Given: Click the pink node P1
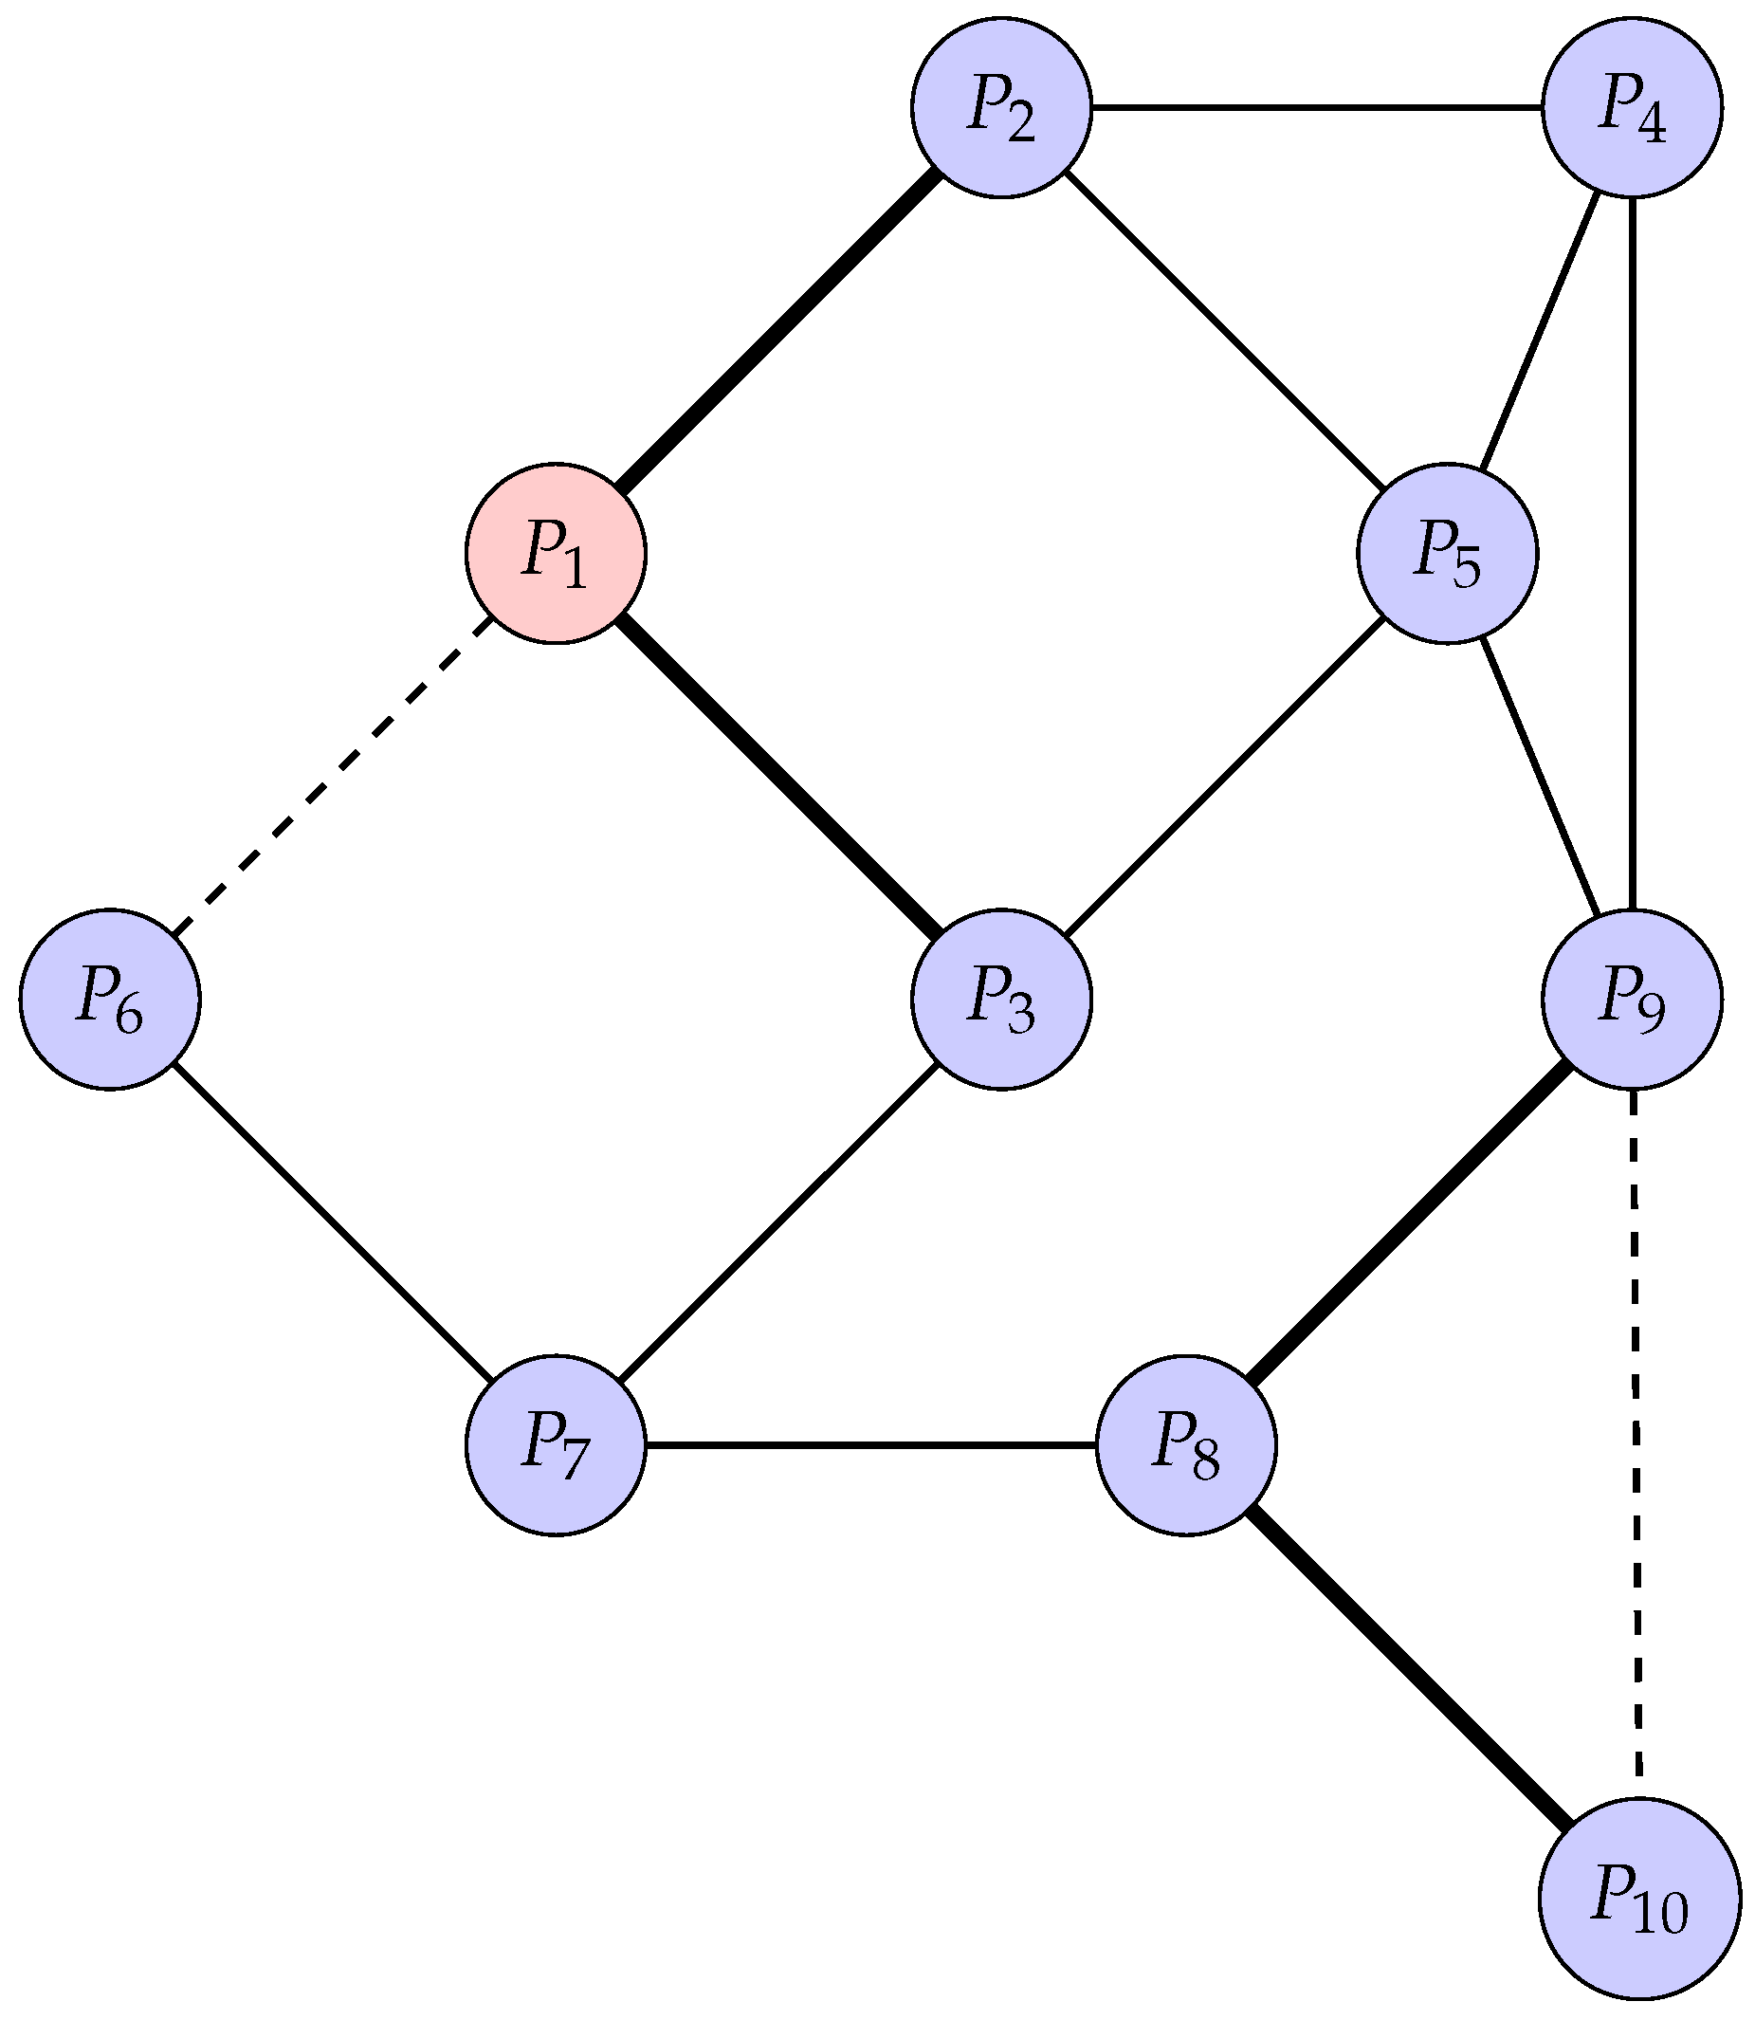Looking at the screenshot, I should point(556,554).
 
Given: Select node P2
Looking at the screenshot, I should point(1001,108).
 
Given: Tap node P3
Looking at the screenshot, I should point(1001,1000).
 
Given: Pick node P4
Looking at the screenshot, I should point(1632,108).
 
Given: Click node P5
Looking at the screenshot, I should point(1447,554).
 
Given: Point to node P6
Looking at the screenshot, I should point(110,1000).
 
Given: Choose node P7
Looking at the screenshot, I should point(556,1445).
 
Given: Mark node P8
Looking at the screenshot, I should point(1186,1445).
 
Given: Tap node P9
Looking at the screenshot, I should point(1632,1000).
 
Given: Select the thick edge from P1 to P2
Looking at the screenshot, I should point(778,331).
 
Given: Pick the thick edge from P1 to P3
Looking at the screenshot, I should point(778,776).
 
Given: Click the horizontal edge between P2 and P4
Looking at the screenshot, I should point(1316,108).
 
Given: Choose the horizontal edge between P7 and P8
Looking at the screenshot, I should point(870,1445).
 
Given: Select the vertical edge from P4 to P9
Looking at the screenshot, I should point(1632,554).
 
